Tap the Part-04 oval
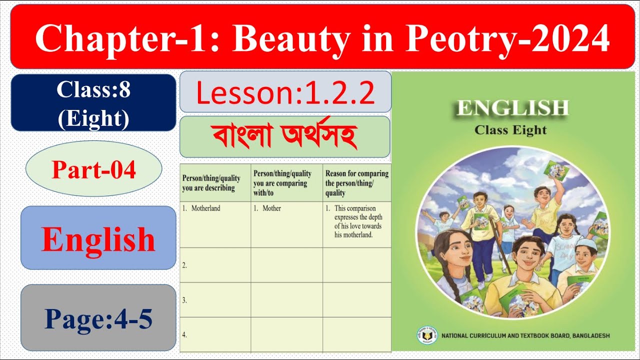[x=93, y=170]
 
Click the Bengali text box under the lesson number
[x=284, y=136]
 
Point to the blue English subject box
[x=98, y=238]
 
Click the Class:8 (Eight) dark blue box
[x=93, y=103]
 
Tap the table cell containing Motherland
[x=215, y=224]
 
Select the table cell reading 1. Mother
[x=286, y=224]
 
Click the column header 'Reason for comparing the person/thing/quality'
[x=356, y=183]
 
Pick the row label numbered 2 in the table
[x=184, y=265]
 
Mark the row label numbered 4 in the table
[x=184, y=335]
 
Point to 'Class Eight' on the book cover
[x=510, y=130]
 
